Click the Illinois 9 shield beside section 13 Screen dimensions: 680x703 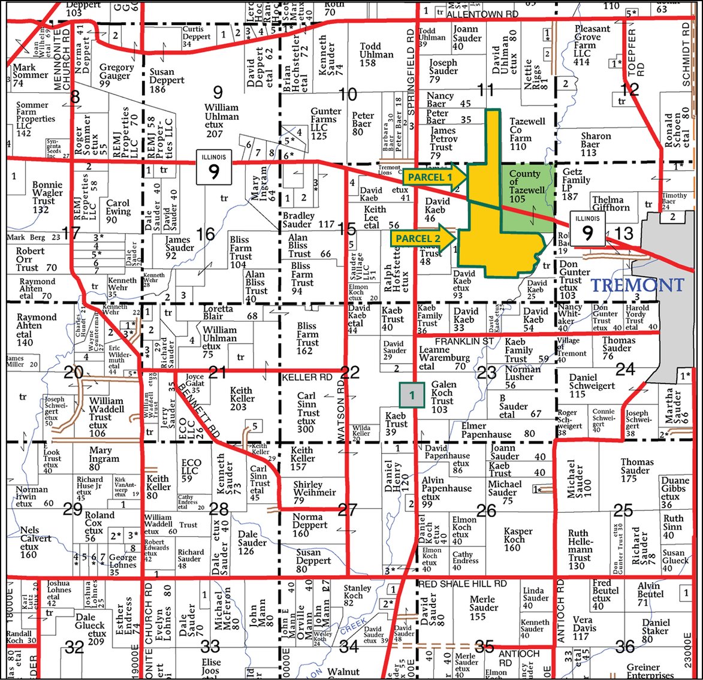pos(587,228)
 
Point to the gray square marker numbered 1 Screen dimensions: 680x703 pos(412,395)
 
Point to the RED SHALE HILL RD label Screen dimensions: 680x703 pos(462,584)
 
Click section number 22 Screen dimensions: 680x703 pos(349,373)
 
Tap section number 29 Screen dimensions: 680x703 pos(73,509)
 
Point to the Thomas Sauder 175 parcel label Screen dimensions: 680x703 pos(636,470)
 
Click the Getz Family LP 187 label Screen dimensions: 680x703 pos(577,184)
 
